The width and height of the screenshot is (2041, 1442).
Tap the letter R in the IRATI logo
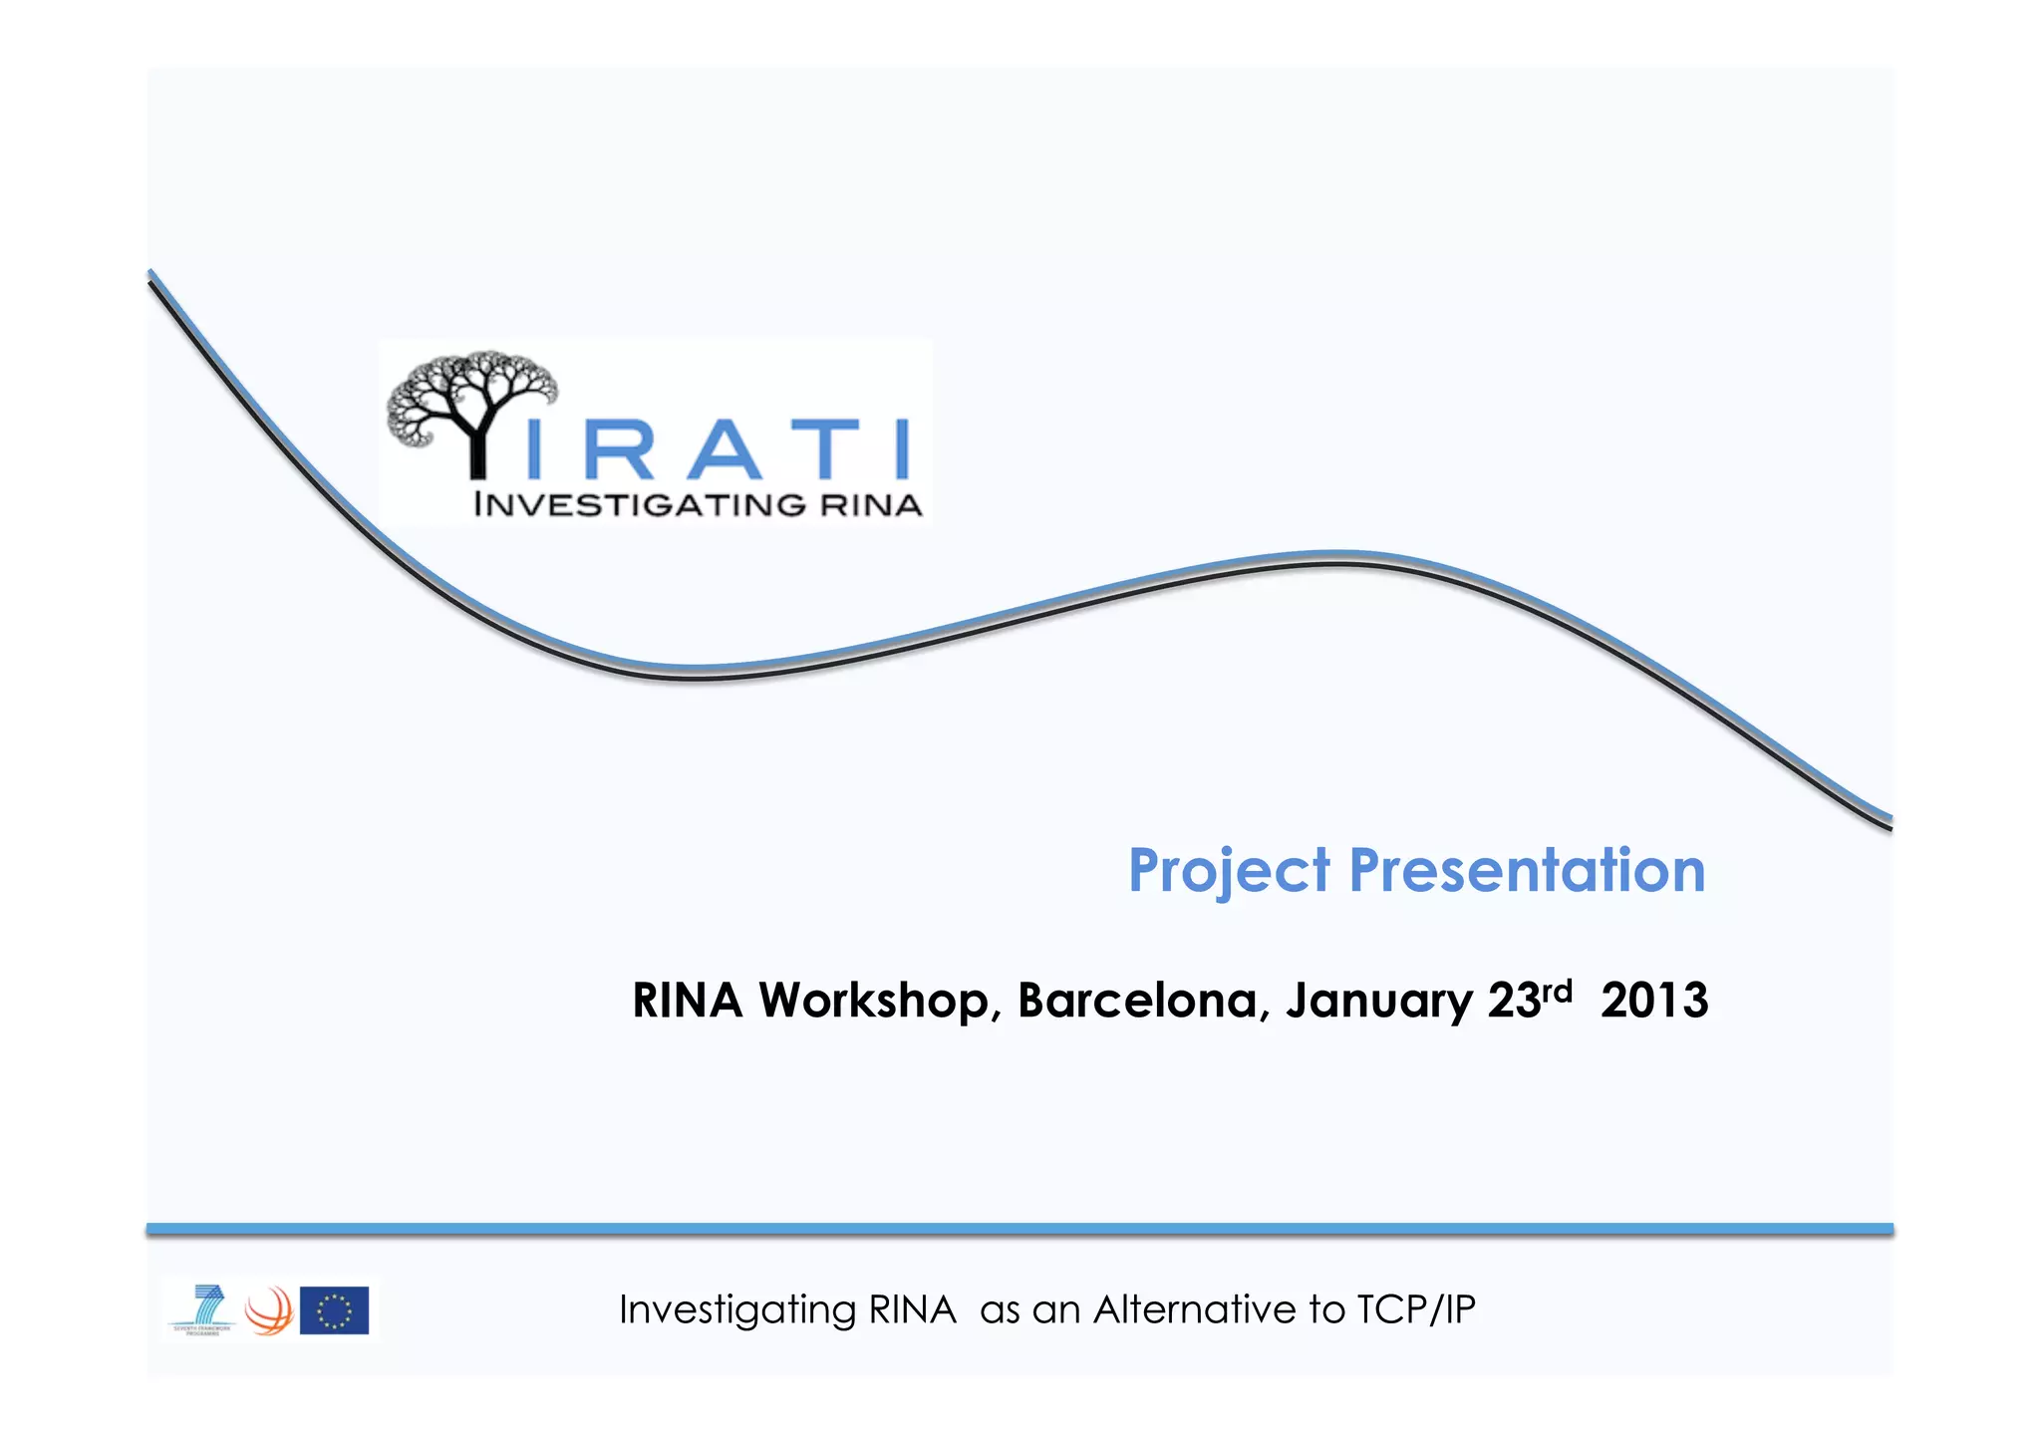tap(619, 450)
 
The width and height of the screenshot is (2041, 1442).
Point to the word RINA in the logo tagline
tap(871, 504)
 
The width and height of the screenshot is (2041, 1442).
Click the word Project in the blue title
tap(1228, 871)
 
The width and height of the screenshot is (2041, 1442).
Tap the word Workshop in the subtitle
tap(874, 1001)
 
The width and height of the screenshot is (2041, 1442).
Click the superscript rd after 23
tap(1557, 990)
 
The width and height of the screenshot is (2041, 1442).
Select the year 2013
tap(1654, 1001)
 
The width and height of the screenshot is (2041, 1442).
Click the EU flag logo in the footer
tap(334, 1310)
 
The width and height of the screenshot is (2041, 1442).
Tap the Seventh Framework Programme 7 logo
tap(203, 1308)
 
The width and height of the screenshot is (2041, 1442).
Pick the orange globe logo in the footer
tap(268, 1310)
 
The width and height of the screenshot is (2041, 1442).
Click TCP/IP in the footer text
tap(1415, 1309)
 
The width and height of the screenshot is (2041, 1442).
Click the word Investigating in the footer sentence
tap(736, 1310)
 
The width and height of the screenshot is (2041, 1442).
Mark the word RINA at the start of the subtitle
tap(687, 1001)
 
